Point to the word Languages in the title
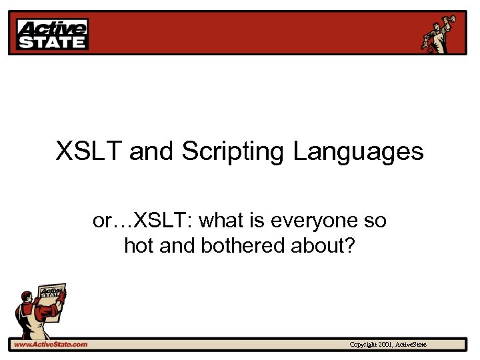[x=358, y=152]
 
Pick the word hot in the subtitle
[x=139, y=246]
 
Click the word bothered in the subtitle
[x=242, y=246]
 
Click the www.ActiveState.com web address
[x=51, y=345]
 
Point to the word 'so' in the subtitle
[x=375, y=220]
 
